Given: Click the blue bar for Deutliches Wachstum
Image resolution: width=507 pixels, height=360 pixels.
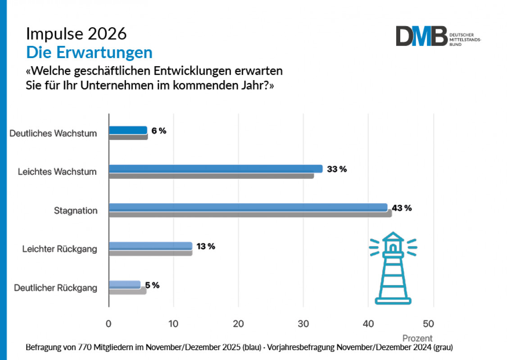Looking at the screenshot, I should [x=128, y=130].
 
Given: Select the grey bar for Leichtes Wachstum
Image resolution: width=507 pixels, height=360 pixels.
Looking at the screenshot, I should [x=211, y=176].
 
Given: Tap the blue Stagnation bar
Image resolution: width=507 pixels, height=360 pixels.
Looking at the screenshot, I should [x=248, y=207].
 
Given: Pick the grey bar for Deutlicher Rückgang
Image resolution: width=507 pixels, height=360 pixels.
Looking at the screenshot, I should [x=128, y=291].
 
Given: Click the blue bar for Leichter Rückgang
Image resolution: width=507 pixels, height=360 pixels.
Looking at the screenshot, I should [x=151, y=246].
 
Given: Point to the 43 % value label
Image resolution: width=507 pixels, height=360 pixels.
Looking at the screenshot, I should [x=402, y=208].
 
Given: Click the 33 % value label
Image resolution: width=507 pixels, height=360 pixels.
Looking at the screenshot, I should [x=337, y=169].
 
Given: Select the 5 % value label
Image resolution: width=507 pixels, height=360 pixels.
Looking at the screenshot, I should [x=152, y=285].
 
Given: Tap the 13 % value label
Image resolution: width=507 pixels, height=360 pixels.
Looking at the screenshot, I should [x=205, y=246].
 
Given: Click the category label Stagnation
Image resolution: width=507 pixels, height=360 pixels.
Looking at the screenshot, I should [x=76, y=210].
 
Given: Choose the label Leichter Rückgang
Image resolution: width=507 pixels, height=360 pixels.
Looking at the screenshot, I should [x=60, y=249].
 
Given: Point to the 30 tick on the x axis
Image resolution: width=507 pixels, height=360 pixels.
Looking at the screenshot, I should [x=303, y=324].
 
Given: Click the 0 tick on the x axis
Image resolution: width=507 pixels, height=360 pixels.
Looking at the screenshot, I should [x=109, y=324].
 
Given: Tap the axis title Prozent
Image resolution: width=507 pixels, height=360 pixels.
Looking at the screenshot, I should [x=417, y=338].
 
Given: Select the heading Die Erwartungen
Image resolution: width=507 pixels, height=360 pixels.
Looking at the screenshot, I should [x=89, y=52].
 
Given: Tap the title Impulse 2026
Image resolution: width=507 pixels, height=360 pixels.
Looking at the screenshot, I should [x=76, y=34].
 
